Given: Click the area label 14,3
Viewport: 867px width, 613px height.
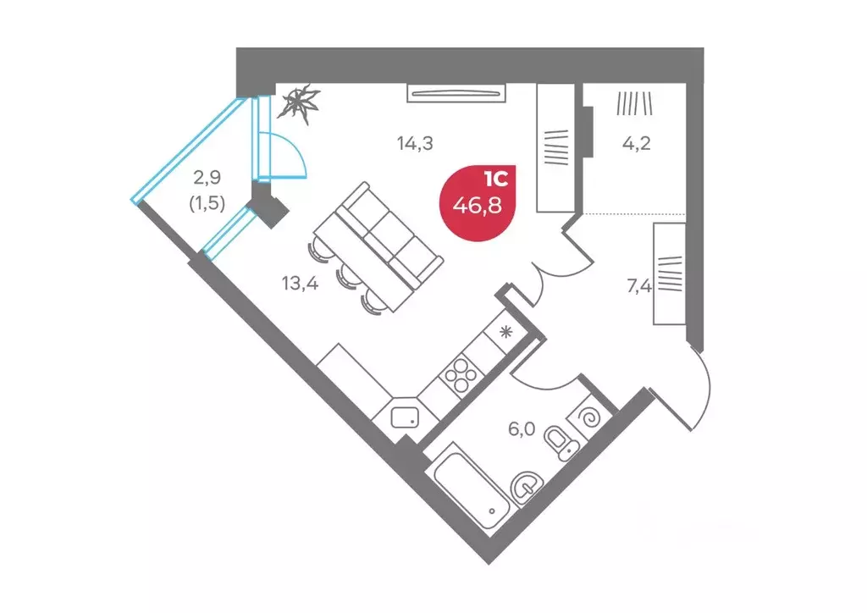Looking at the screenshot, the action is [x=415, y=144].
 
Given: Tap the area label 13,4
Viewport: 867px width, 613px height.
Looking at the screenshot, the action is [x=300, y=284].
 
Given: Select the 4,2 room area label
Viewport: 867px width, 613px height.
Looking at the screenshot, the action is [x=637, y=144].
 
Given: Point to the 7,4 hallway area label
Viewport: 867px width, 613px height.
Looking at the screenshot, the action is [x=639, y=286].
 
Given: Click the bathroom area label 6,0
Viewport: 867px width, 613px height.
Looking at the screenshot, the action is [x=522, y=428].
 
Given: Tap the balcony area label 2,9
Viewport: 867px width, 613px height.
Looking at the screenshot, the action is [x=207, y=178].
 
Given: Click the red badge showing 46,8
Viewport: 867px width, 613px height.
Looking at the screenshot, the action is [x=478, y=203].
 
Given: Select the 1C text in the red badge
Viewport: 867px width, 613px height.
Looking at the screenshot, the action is [x=495, y=179].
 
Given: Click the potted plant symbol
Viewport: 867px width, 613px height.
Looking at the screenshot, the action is [x=299, y=103].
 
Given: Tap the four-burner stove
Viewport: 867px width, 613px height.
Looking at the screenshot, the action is [x=461, y=375].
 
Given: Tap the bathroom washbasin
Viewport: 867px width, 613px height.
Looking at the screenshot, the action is [x=527, y=487].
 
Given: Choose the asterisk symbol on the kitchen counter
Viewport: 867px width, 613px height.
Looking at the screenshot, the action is [x=506, y=332].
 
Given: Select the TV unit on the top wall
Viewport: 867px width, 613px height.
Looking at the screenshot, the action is [x=456, y=93].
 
